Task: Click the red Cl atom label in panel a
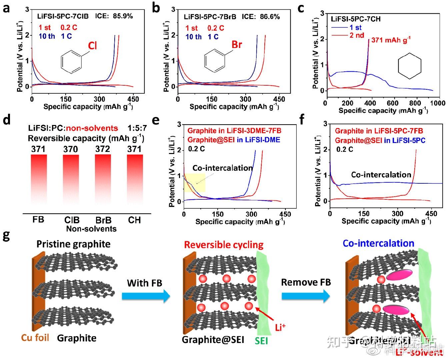click(92, 45)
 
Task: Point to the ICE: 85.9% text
click(114, 16)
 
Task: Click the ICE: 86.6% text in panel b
click(261, 16)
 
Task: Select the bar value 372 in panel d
click(102, 149)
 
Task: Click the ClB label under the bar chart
click(72, 220)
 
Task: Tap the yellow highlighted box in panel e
click(194, 183)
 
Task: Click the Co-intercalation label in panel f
click(381, 175)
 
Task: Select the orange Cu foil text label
click(35, 338)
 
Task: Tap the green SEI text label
click(261, 341)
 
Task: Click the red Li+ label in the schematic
click(280, 327)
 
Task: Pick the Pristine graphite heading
click(73, 244)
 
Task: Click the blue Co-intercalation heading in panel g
click(378, 243)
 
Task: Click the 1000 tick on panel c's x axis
click(437, 103)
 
